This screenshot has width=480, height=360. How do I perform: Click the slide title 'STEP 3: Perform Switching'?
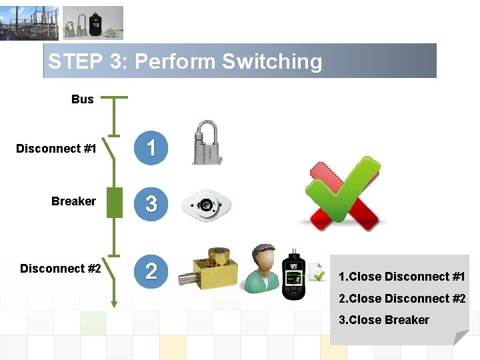pyautogui.click(x=185, y=62)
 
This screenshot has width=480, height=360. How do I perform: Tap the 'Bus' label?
pyautogui.click(x=83, y=99)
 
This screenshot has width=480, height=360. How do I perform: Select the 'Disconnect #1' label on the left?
pyautogui.click(x=56, y=149)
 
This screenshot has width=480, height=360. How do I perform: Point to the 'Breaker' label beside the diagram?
pyautogui.click(x=73, y=201)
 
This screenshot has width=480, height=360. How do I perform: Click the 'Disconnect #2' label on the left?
pyautogui.click(x=61, y=269)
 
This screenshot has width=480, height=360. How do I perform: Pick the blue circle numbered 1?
pyautogui.click(x=151, y=148)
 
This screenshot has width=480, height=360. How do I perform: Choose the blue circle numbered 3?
pyautogui.click(x=151, y=203)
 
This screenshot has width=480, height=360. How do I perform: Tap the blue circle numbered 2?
pyautogui.click(x=151, y=270)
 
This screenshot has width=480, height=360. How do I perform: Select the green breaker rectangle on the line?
pyautogui.click(x=115, y=203)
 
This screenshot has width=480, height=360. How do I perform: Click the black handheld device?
pyautogui.click(x=294, y=275)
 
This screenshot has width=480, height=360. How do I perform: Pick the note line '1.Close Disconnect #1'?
pyautogui.click(x=401, y=277)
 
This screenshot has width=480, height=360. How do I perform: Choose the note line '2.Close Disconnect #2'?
pyautogui.click(x=401, y=299)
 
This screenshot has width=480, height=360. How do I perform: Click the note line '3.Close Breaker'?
pyautogui.click(x=383, y=320)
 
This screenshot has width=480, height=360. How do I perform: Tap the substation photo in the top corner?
pyautogui.click(x=29, y=23)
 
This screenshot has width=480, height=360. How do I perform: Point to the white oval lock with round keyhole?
pyautogui.click(x=207, y=204)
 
